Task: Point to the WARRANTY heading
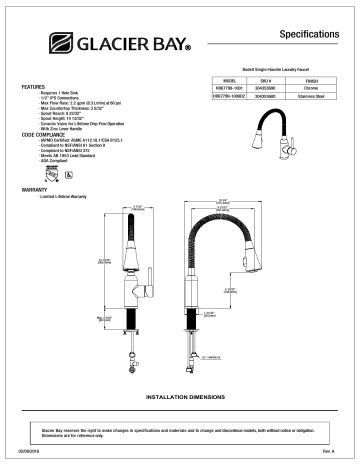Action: click(35, 188)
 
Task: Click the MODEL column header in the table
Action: click(227, 78)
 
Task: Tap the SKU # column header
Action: click(268, 78)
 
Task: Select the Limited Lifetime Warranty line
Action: click(63, 196)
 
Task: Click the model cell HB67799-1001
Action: click(227, 86)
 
